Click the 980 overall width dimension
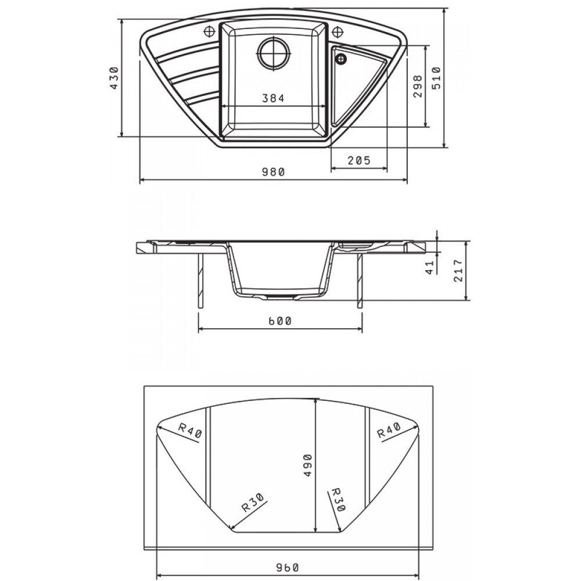point(274,173)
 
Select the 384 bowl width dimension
point(274,98)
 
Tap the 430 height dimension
point(114,78)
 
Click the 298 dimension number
point(418,86)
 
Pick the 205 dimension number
point(359,160)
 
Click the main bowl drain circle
point(274,53)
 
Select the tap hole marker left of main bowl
point(209,32)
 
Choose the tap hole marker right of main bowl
point(336,32)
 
